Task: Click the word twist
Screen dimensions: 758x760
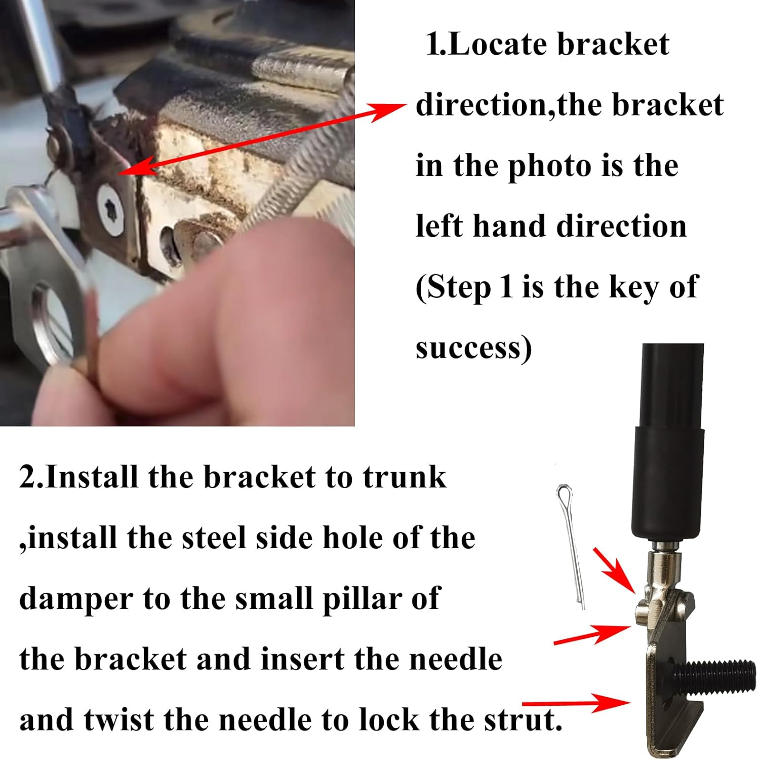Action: (x=119, y=720)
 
